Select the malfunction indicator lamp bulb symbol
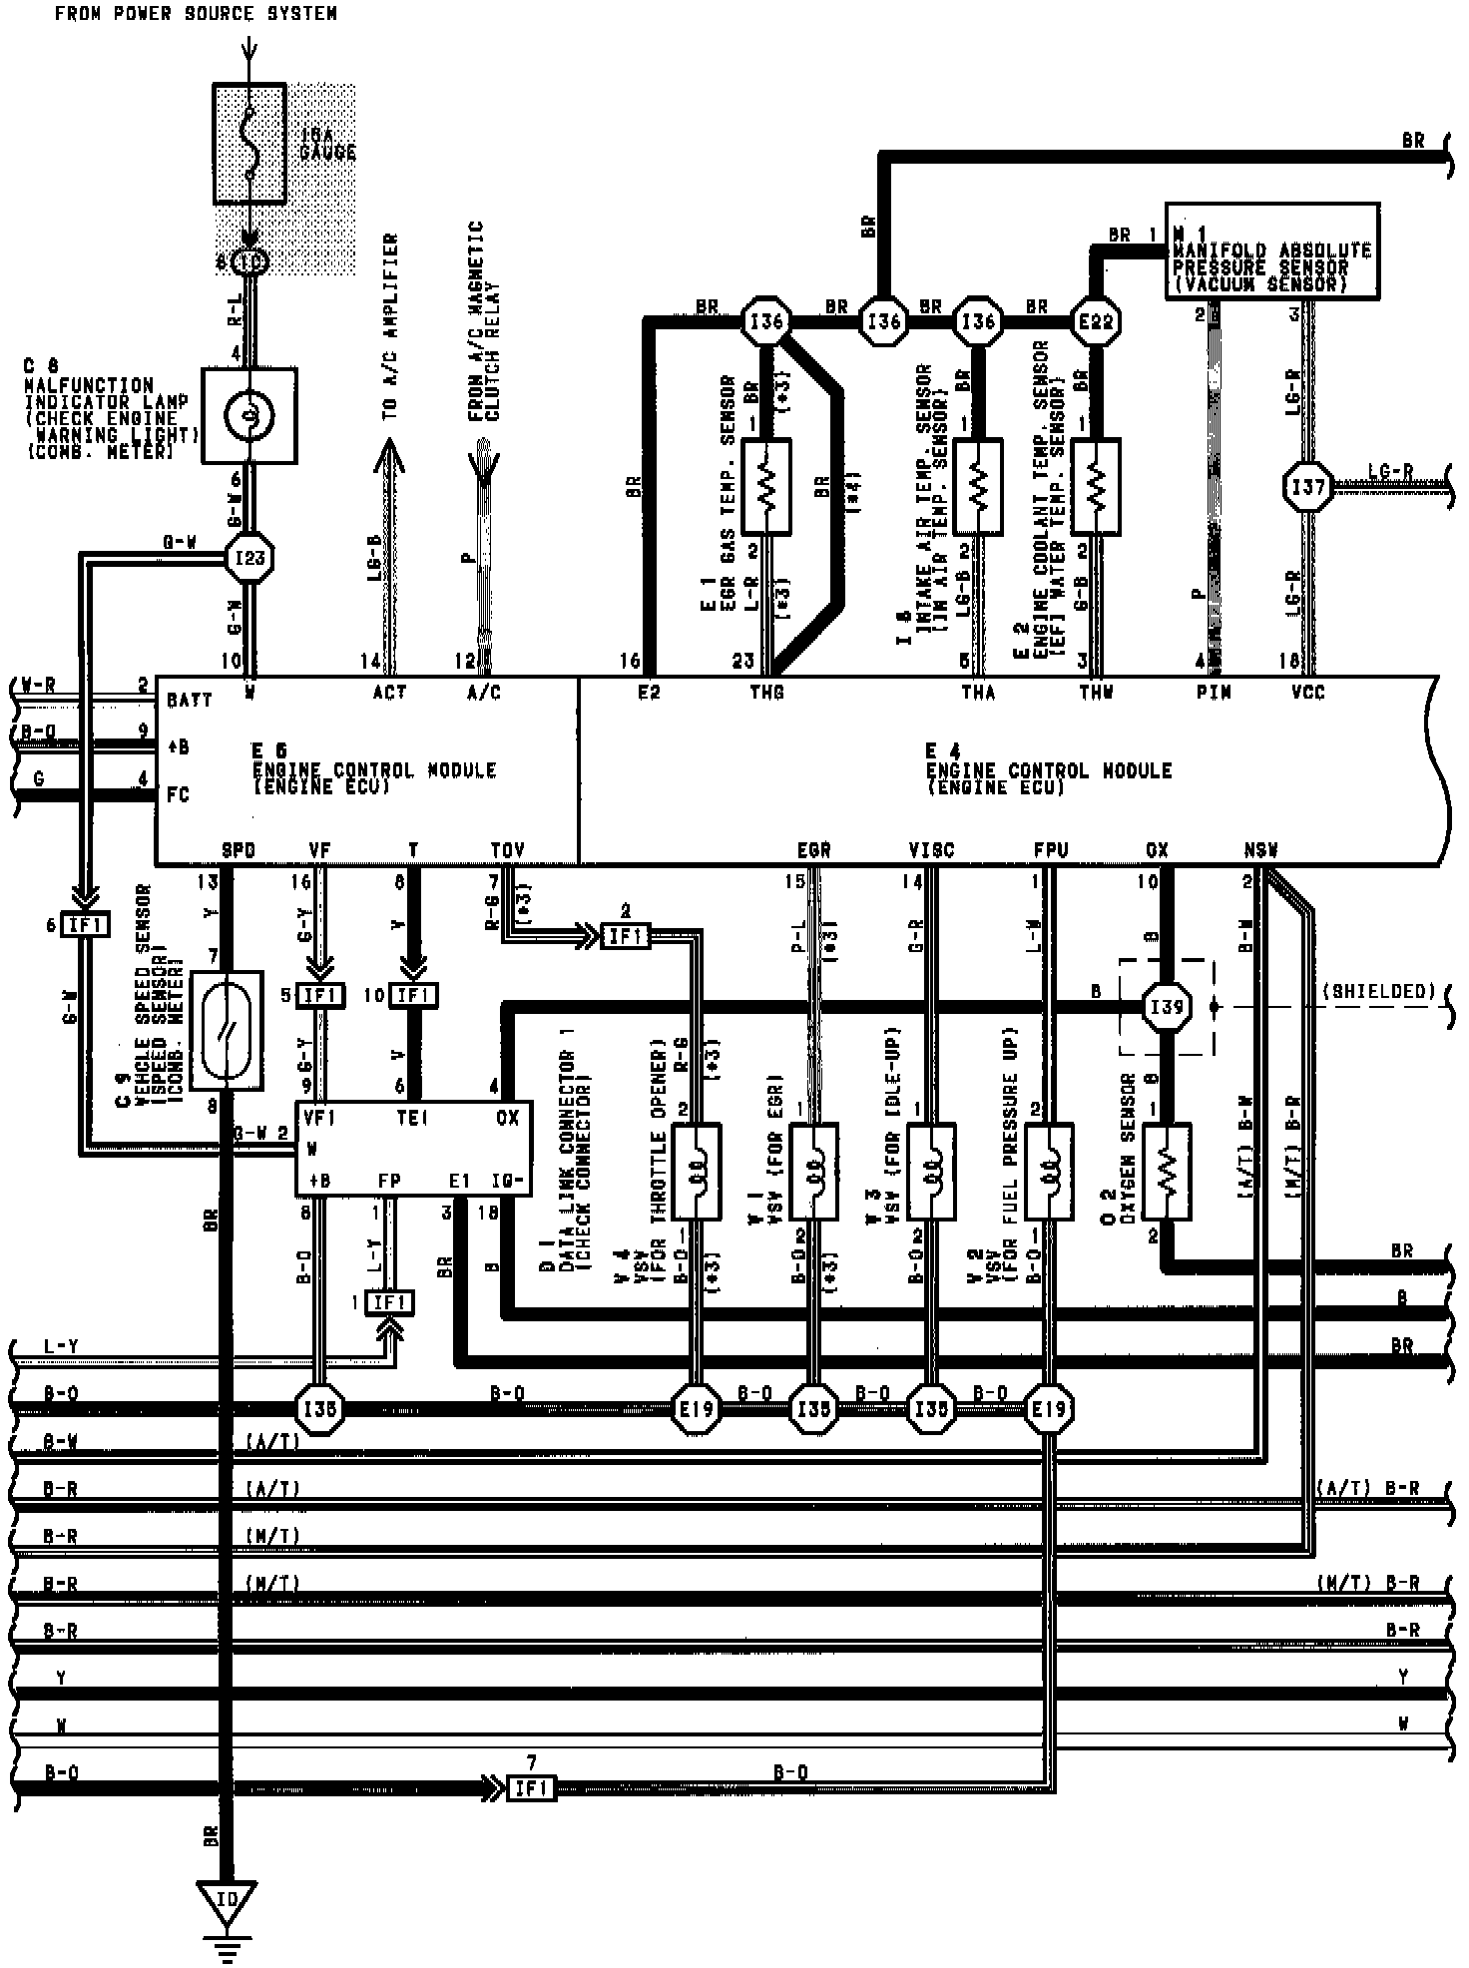pos(249,414)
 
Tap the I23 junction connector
pos(248,557)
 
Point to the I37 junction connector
pos(1307,487)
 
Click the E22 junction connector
pos(1096,322)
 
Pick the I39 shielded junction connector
pos(1167,1006)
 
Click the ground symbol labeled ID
pos(228,1902)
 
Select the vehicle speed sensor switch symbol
pos(228,1029)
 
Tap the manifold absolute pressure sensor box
pos(1272,251)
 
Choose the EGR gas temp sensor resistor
pos(766,486)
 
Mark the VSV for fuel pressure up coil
pos(1050,1170)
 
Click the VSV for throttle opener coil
pos(697,1170)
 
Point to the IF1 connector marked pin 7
pos(531,1789)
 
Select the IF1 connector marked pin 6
pos(85,925)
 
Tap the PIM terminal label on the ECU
pos(1214,692)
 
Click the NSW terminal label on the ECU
pos(1261,850)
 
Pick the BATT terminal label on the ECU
pos(190,701)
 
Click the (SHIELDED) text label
pos(1378,991)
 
